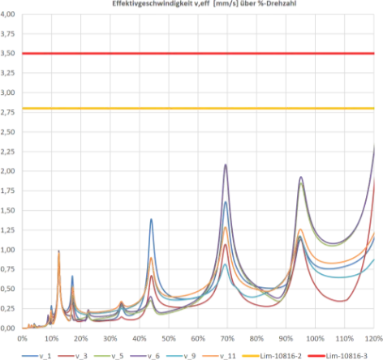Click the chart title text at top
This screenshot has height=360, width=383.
[204, 3]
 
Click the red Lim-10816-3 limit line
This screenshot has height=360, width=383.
[198, 54]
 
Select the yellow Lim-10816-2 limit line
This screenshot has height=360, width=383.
[198, 109]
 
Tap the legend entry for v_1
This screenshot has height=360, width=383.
[37, 356]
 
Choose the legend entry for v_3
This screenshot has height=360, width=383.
[73, 356]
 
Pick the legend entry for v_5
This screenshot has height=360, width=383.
[109, 356]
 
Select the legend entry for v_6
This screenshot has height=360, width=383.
[145, 356]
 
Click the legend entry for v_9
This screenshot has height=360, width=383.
[181, 356]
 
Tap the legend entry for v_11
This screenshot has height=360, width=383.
[219, 356]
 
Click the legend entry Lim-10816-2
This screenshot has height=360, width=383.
[272, 356]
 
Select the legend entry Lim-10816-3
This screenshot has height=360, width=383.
[338, 356]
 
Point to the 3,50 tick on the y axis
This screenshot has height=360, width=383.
[7, 54]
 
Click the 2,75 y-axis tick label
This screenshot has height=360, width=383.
[7, 112]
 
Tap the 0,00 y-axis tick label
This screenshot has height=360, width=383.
[7, 328]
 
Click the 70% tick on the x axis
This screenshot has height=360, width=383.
[227, 338]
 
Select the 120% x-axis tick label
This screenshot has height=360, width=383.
[374, 338]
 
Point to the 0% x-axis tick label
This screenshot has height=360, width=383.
[22, 338]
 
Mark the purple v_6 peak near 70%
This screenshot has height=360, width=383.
[226, 165]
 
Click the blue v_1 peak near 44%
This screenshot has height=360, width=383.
[151, 219]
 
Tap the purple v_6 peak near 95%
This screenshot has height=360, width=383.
[301, 177]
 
